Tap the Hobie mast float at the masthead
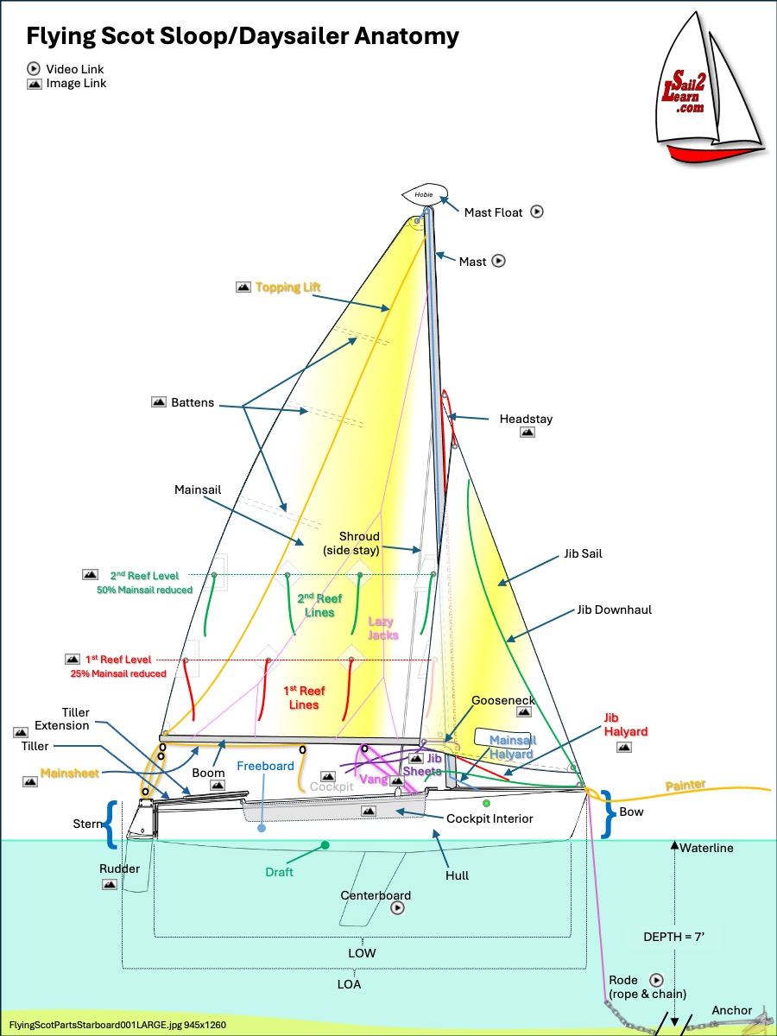[x=425, y=194]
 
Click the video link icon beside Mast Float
[x=537, y=211]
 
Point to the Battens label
[x=193, y=402]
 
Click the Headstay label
[x=526, y=419]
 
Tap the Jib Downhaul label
[x=615, y=610]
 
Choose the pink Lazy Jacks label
[x=383, y=628]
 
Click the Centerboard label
[x=376, y=895]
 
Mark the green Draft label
[x=279, y=872]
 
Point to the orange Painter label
[x=685, y=786]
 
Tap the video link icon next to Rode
[x=656, y=980]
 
